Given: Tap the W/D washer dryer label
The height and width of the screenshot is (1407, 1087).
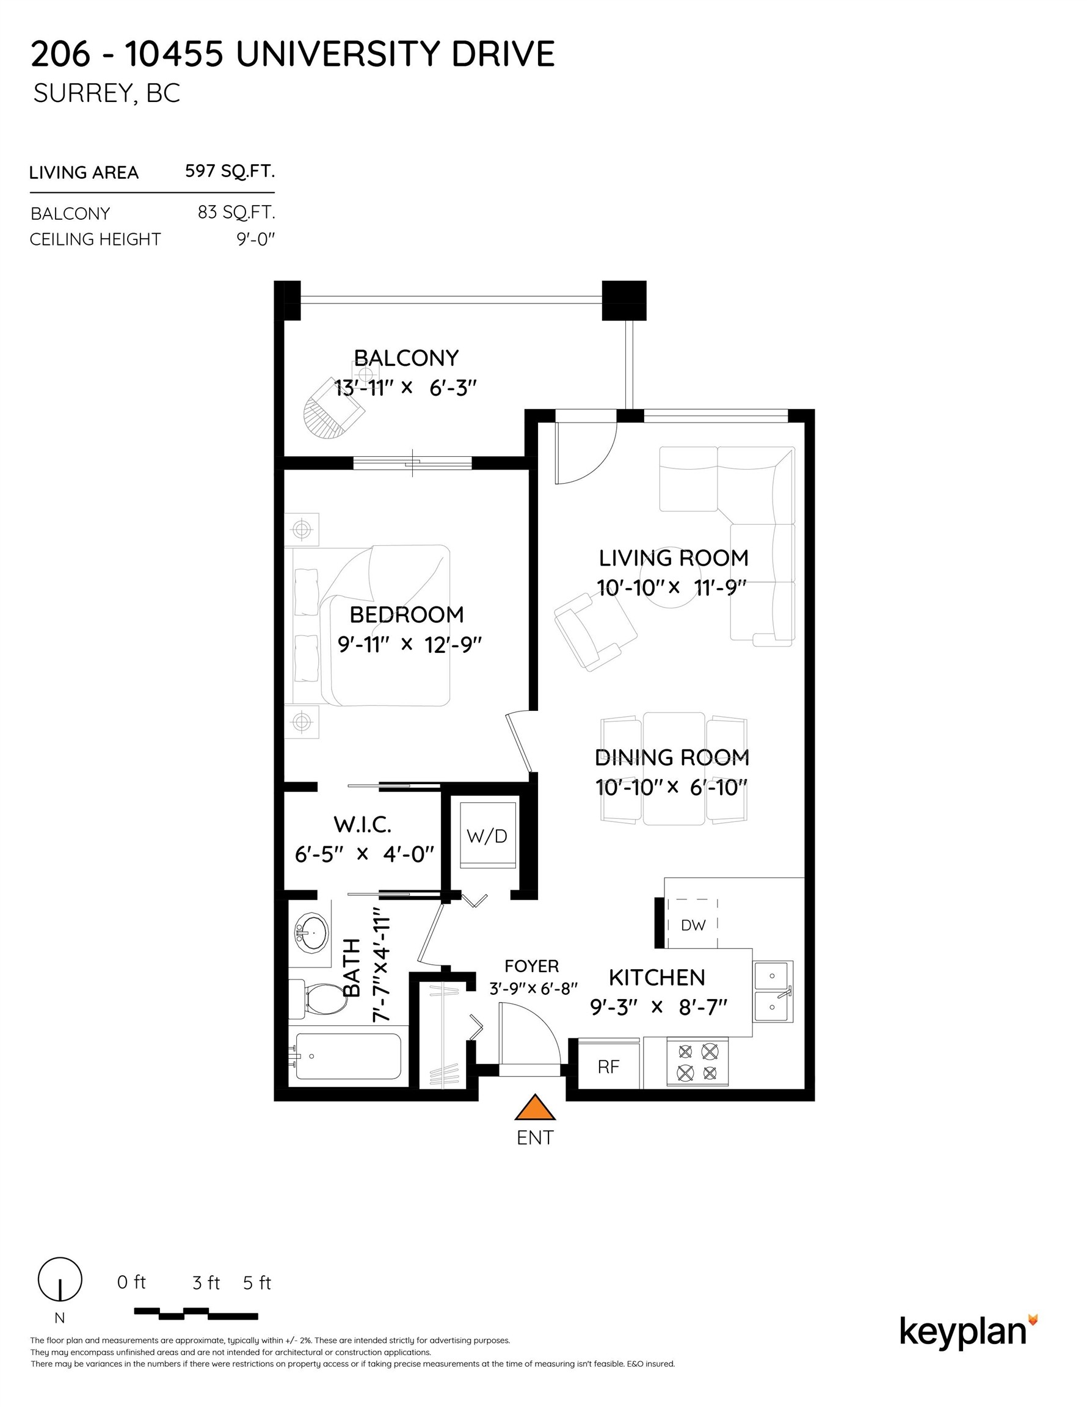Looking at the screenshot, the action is click(x=487, y=836).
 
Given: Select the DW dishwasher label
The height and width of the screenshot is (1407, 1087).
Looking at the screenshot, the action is click(x=693, y=925).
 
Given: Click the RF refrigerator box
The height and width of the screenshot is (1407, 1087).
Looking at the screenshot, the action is click(x=609, y=1066).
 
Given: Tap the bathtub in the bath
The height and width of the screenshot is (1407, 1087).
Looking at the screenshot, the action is click(x=348, y=1056).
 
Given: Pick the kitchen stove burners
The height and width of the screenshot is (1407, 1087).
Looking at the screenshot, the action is click(x=697, y=1063).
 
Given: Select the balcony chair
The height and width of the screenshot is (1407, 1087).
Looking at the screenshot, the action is click(x=334, y=408).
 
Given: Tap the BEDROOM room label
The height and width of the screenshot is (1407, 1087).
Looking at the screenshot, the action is click(x=407, y=614).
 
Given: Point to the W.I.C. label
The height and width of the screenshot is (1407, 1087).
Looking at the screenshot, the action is click(x=362, y=824).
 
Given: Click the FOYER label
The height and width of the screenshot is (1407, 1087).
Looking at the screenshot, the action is click(x=531, y=966).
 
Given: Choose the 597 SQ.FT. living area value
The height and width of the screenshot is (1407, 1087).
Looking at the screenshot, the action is click(x=230, y=172).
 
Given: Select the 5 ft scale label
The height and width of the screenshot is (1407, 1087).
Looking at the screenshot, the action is click(x=257, y=1283).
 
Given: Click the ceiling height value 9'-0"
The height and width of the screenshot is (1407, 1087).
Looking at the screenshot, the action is click(x=256, y=239).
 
